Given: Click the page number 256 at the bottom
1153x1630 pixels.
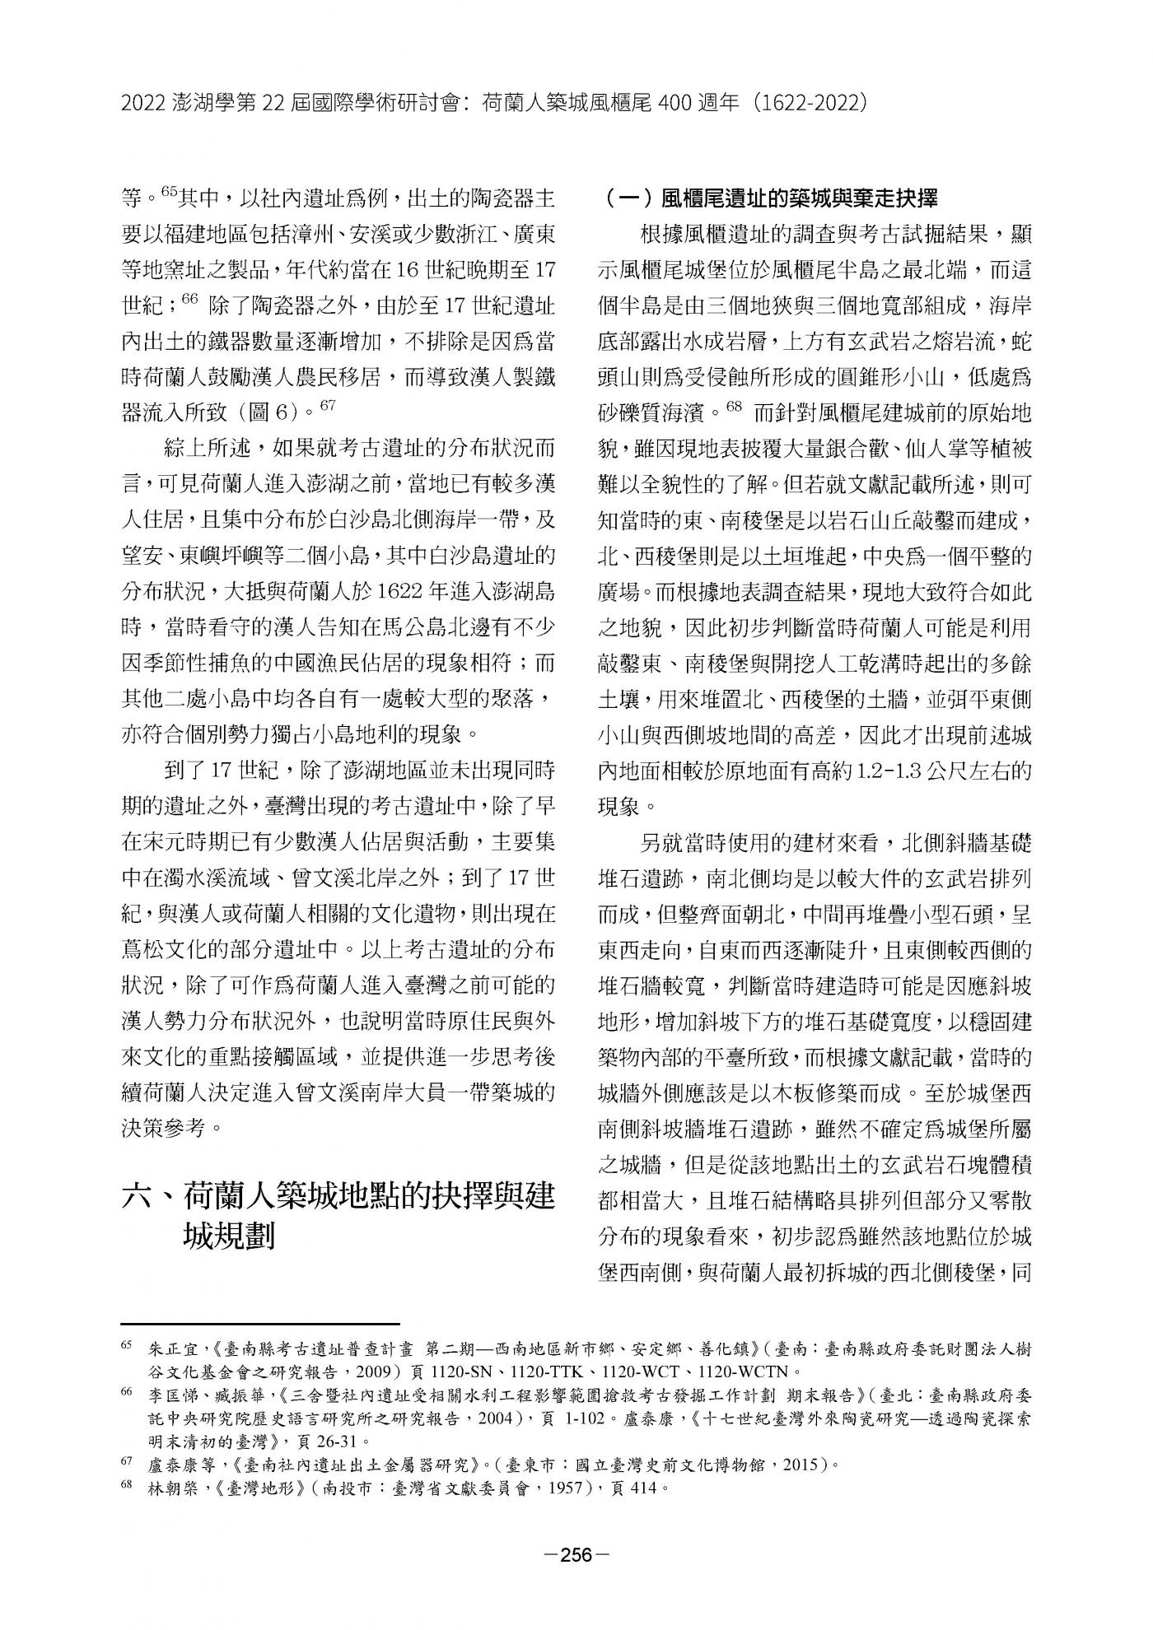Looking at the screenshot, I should click(576, 1554).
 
